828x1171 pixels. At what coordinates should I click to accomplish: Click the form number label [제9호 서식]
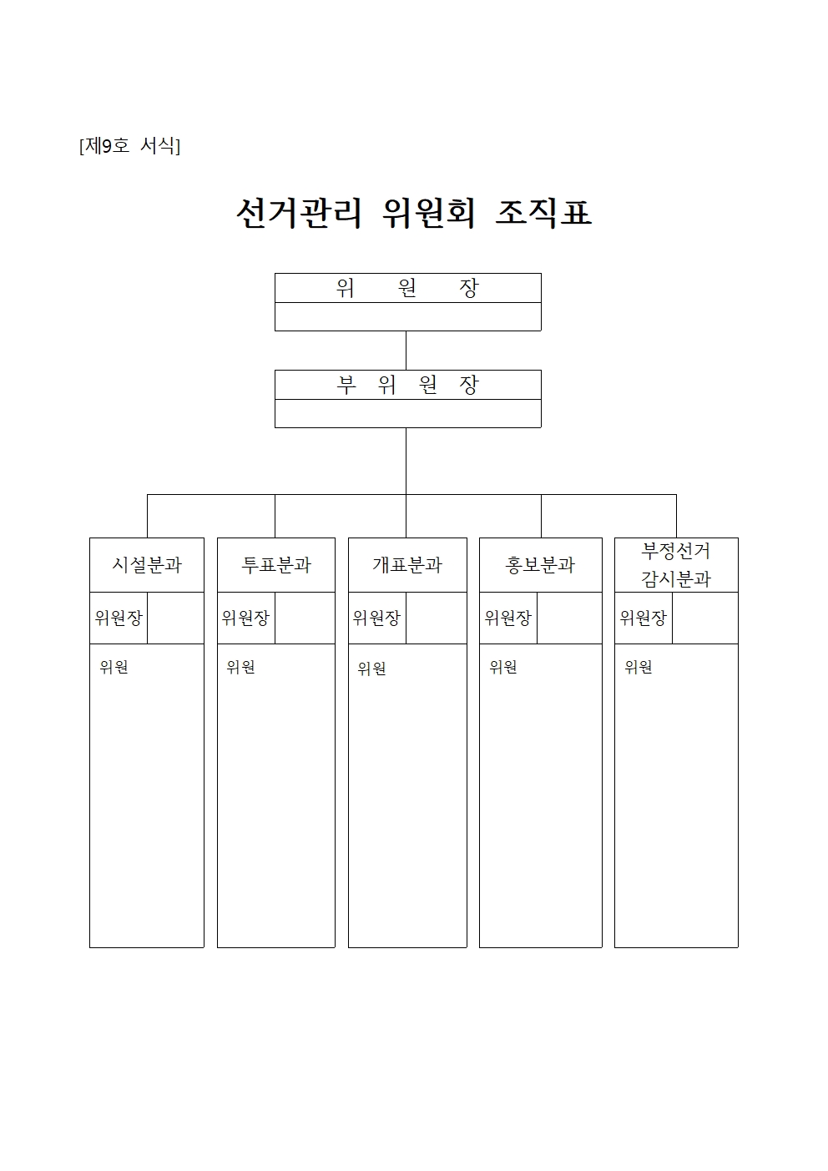pos(129,145)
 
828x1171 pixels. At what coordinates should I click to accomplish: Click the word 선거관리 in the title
pos(299,213)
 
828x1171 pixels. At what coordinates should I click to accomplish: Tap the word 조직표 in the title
pos(543,213)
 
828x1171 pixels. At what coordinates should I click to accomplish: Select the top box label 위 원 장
pos(407,287)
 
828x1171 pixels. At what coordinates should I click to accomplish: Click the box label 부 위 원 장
pos(407,385)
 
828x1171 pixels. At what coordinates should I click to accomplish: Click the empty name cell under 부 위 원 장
pos(407,413)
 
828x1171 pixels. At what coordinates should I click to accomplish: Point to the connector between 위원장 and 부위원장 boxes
pos(406,351)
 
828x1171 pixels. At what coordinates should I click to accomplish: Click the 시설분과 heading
pos(147,564)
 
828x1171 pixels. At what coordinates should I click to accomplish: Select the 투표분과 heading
pos(276,564)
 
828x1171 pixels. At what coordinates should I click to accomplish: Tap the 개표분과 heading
pos(407,564)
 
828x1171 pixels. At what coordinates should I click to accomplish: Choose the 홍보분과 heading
pos(541,564)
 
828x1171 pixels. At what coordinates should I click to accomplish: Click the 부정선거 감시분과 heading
pos(676,564)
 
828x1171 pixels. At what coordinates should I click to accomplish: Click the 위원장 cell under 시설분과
pos(119,618)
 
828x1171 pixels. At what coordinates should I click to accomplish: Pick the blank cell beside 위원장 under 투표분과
pos(305,618)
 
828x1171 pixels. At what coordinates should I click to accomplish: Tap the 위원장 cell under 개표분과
pos(377,618)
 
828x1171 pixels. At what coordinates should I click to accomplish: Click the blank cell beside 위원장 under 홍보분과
pos(569,618)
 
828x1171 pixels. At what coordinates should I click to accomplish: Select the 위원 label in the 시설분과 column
pos(114,667)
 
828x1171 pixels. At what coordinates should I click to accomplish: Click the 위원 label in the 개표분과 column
pos(371,669)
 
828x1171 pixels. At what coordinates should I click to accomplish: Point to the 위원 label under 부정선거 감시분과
pos(639,667)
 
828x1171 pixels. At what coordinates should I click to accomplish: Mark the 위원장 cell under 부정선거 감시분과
pos(644,618)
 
